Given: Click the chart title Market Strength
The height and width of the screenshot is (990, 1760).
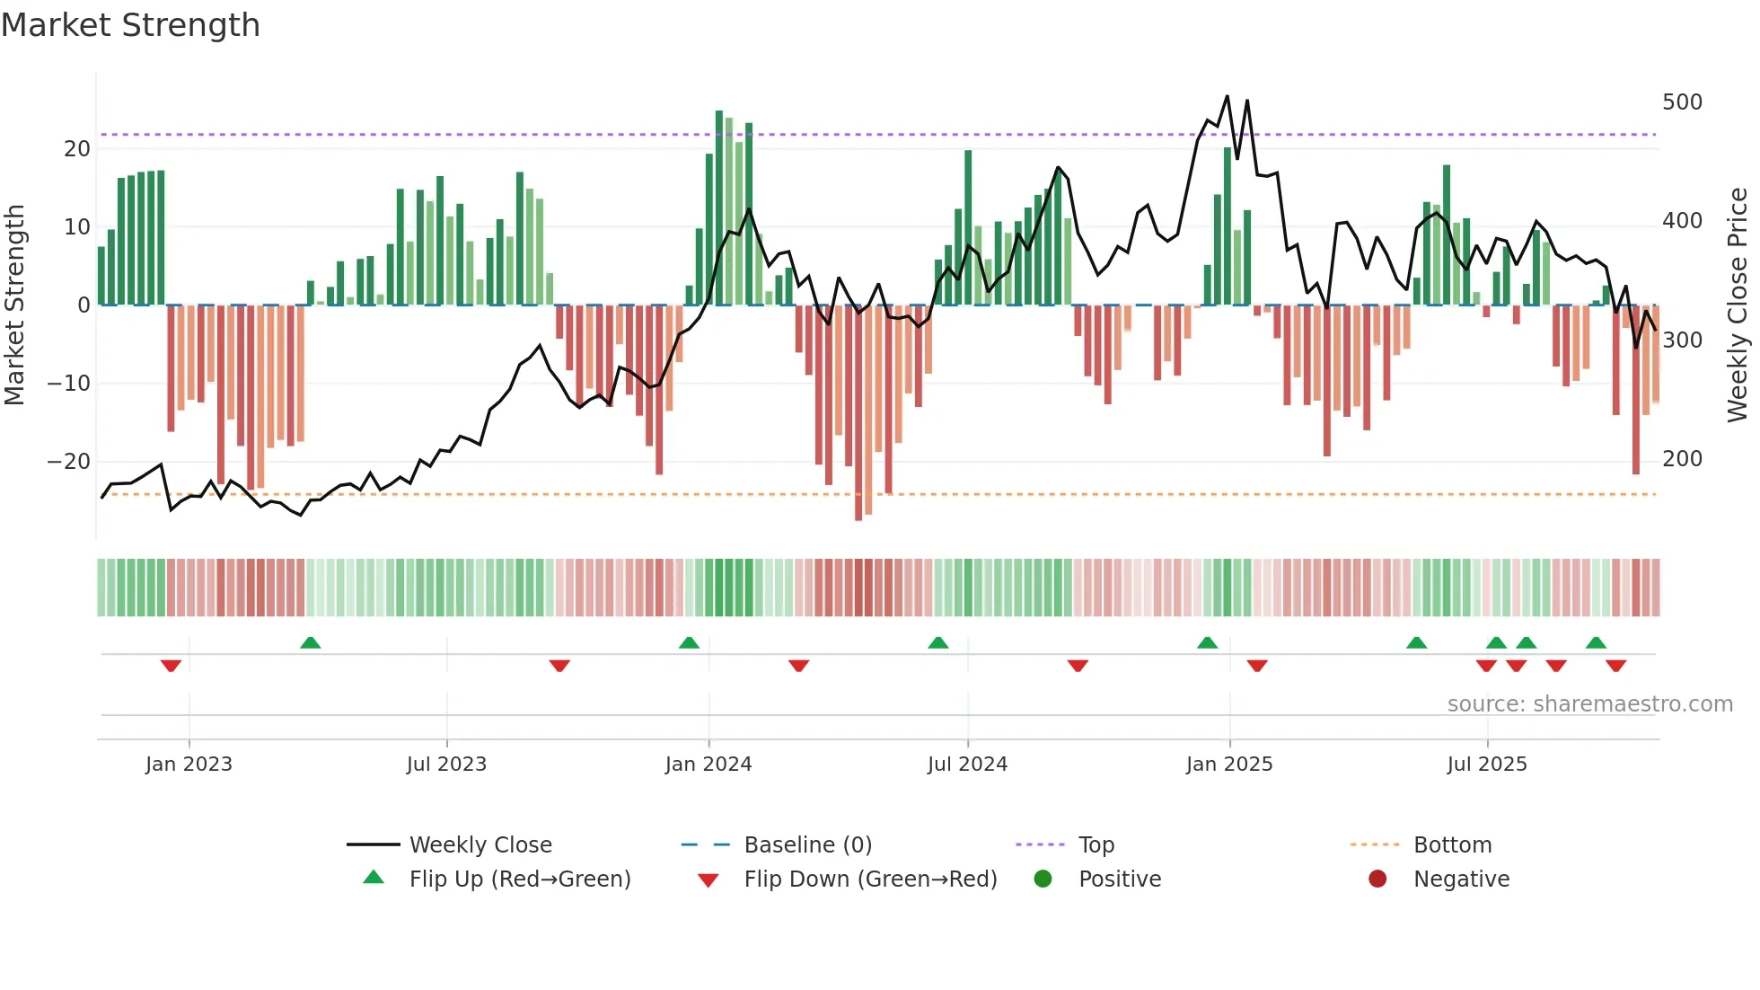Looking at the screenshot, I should coord(130,25).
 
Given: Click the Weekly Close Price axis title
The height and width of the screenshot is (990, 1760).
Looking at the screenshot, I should coord(1738,305).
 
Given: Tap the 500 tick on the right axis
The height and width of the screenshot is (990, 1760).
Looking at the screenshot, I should coord(1681,102).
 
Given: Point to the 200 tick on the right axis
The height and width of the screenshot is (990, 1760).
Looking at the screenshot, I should coord(1681,459).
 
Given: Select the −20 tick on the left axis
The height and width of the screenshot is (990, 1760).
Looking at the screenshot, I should coord(69,462).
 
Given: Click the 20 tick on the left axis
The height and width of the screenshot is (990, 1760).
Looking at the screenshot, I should coord(77,149).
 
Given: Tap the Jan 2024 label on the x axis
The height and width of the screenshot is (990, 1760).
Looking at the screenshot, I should coord(708,765).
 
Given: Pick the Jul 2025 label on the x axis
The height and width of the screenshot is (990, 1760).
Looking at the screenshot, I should coord(1486,765).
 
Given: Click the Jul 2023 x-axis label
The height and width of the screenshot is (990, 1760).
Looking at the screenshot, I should coord(446,765).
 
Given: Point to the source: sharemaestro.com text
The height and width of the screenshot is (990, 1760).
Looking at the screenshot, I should coord(1589,704).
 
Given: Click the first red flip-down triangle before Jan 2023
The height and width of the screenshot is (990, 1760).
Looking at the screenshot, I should coord(171,666).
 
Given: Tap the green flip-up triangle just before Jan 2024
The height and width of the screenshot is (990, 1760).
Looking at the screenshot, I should coord(689,642).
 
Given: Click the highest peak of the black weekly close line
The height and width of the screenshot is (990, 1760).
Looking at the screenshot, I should coord(1227,96).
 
